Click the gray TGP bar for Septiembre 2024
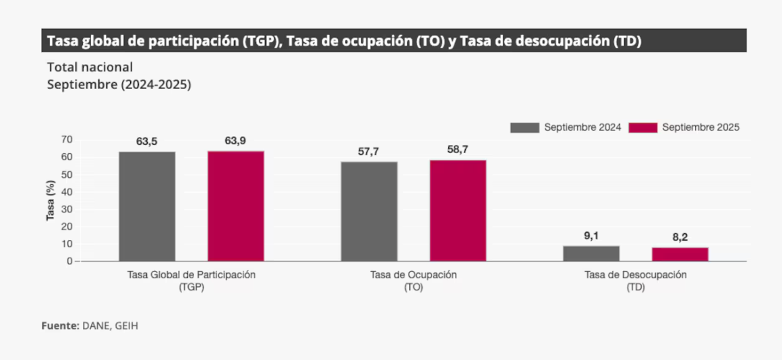coord(147,206)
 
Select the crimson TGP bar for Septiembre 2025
coord(235,206)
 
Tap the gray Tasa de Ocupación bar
coord(369,211)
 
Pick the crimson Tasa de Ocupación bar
coord(458,210)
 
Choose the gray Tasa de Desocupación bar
coord(591,253)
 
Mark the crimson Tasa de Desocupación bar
coord(680,254)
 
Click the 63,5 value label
coord(147,142)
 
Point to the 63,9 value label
coord(235,140)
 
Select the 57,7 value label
coord(368,152)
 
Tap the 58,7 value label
coord(457,150)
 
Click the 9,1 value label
coord(591,235)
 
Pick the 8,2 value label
coord(680,237)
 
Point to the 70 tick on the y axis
coord(66,140)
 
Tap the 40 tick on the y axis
coord(66,191)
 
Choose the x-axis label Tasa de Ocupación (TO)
coord(413,280)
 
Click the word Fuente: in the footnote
coord(60,325)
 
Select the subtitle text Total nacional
coord(90,67)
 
